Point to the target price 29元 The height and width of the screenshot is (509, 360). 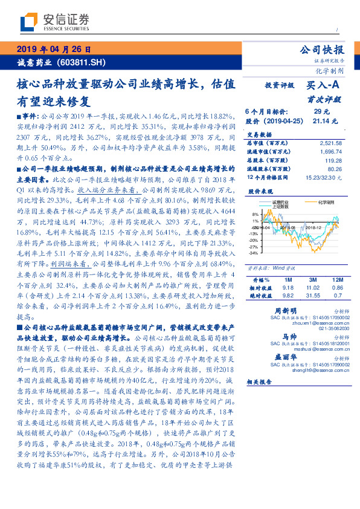tap(321, 112)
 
